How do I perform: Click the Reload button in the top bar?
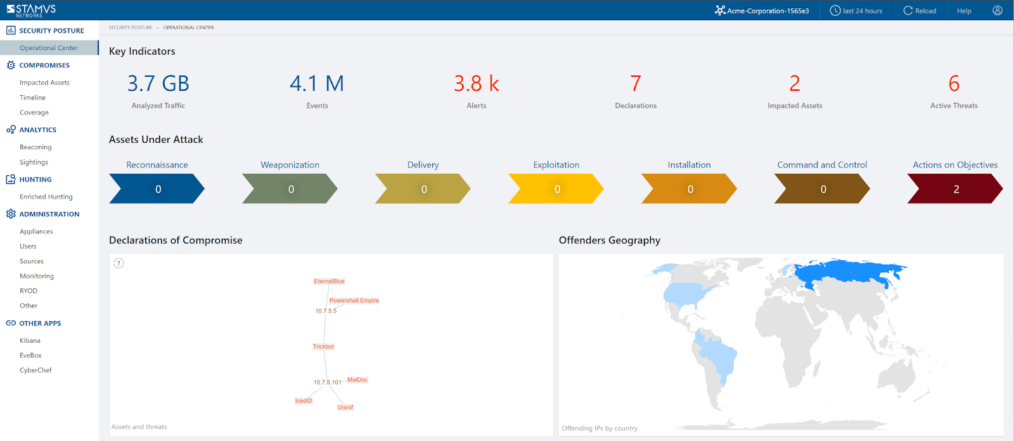click(x=920, y=11)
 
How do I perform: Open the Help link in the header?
click(x=964, y=11)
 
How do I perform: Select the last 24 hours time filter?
click(x=856, y=11)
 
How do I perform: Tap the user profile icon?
click(x=998, y=11)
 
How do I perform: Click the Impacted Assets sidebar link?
click(x=44, y=82)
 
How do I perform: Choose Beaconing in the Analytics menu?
click(x=35, y=147)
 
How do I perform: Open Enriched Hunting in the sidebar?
click(x=46, y=197)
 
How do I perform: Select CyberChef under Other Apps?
click(x=35, y=371)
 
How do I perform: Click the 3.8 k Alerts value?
click(x=477, y=84)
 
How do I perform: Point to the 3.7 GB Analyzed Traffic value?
click(x=158, y=84)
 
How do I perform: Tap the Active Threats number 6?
click(x=954, y=84)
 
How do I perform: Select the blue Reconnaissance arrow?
click(x=157, y=189)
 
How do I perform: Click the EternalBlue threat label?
click(x=329, y=281)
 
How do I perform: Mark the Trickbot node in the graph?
click(x=323, y=346)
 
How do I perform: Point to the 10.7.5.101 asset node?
click(x=327, y=383)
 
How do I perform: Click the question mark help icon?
click(x=119, y=263)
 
